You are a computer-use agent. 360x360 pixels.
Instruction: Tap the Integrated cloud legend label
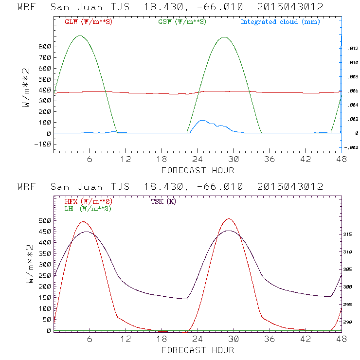(x=280, y=22)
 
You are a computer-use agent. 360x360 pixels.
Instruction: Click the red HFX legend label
(x=88, y=201)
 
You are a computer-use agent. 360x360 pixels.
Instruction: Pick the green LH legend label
(x=88, y=208)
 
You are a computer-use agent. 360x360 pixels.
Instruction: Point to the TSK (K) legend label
(x=163, y=201)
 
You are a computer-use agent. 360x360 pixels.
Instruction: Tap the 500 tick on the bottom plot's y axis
(x=45, y=220)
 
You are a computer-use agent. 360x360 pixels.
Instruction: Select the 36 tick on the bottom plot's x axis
(x=270, y=339)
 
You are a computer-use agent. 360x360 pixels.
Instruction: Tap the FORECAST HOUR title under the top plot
(x=198, y=170)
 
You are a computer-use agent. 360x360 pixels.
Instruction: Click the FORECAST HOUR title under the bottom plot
(x=198, y=350)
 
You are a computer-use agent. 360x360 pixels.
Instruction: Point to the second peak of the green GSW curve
(x=224, y=37)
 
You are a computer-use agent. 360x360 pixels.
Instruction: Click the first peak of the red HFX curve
(x=83, y=222)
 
